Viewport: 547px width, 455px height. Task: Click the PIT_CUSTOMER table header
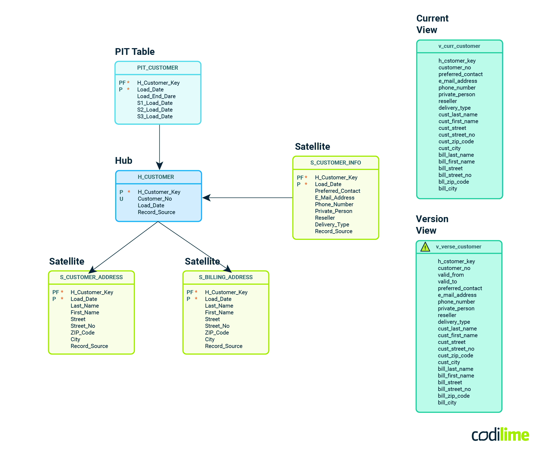coord(157,68)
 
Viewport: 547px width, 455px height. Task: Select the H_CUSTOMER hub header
coord(156,177)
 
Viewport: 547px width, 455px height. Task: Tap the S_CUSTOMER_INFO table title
coord(336,163)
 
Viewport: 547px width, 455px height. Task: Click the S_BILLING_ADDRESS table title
coord(226,277)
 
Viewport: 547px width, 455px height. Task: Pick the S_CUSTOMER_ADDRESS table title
coord(91,277)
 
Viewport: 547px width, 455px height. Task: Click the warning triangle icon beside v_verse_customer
coord(425,247)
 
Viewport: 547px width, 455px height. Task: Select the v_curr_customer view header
coord(459,46)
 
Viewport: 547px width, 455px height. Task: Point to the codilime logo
coord(500,435)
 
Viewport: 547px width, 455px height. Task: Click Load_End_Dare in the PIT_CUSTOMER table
coord(156,96)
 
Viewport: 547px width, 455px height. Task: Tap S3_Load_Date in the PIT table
coord(155,116)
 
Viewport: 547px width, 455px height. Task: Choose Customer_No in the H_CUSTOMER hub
coord(155,199)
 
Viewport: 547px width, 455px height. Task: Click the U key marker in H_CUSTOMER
coord(121,199)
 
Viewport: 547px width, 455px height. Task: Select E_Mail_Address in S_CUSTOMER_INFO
coord(334,198)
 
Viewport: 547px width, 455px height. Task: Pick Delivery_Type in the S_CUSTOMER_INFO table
coord(332,225)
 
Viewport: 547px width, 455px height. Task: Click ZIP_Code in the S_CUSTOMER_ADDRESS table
coord(82,333)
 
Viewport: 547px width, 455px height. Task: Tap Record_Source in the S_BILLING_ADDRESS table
coord(224,346)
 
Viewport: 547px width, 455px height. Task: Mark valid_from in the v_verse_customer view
coord(451,275)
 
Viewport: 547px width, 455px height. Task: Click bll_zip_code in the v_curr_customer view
coord(454,182)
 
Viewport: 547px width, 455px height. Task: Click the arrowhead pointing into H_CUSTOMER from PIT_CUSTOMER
coord(160,166)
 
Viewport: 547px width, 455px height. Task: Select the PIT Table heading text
coord(135,52)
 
